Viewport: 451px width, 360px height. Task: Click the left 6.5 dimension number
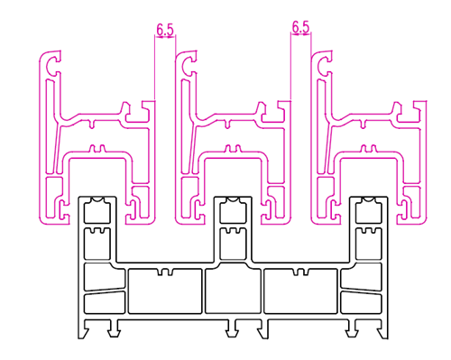click(165, 30)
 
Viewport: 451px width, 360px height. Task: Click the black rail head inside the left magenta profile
click(97, 209)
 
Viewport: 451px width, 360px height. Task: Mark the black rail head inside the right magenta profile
click(370, 209)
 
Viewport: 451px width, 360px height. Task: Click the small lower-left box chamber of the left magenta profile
click(55, 189)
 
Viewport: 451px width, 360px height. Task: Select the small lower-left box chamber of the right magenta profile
click(326, 189)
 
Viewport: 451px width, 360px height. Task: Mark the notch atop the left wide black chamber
click(163, 271)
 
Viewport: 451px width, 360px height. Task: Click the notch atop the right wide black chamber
click(301, 271)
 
